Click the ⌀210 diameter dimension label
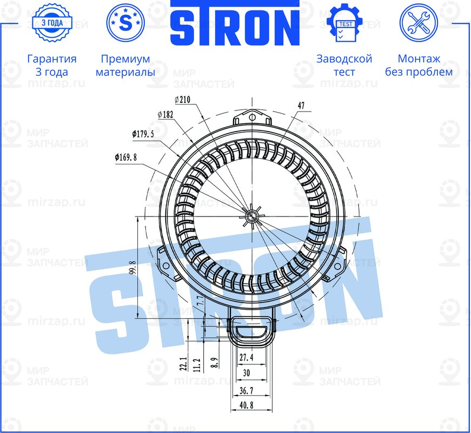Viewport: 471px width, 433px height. [183, 99]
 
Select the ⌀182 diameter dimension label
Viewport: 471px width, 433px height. [166, 115]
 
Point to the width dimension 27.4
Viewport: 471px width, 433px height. [246, 358]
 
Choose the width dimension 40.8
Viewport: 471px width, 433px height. [246, 405]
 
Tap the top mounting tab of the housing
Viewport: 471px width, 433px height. [251, 116]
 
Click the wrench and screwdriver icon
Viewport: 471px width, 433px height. [418, 23]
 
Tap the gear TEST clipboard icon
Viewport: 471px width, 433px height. [344, 23]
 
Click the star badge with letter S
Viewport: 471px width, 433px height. [125, 23]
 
